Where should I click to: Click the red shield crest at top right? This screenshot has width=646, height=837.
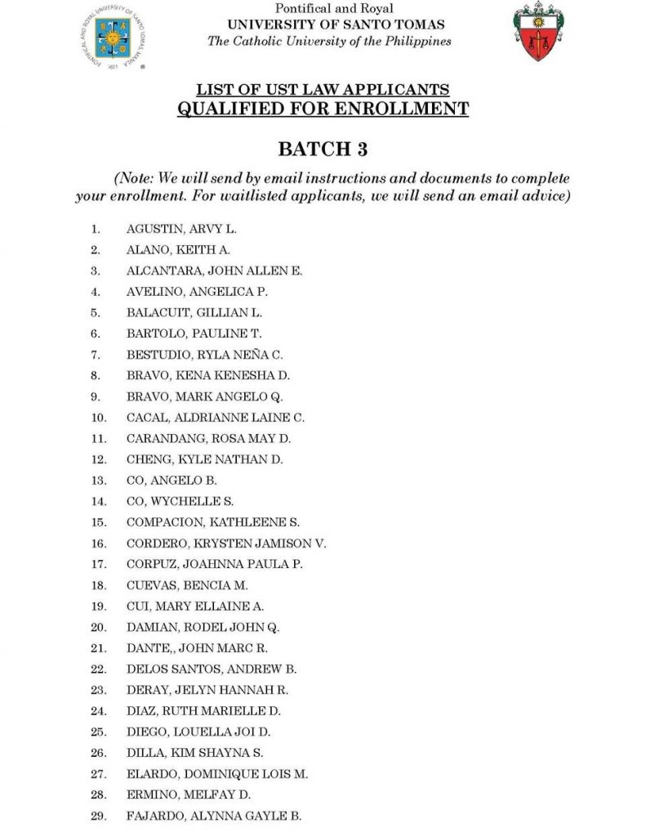537,32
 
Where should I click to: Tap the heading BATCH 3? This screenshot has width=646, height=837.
323,149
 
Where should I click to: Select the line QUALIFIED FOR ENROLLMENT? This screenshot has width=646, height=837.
323,109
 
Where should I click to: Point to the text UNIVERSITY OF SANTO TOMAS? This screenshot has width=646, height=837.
336,25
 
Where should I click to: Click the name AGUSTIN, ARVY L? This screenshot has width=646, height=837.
181,229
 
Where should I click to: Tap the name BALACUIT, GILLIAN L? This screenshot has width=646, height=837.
194,312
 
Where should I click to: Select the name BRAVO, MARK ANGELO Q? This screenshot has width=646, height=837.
204,396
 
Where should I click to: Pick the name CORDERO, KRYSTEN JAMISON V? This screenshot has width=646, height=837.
226,543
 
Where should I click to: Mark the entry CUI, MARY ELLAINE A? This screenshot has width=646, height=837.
195,606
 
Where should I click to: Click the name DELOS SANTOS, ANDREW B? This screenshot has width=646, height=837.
211,669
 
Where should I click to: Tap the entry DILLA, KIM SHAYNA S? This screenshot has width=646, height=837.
194,753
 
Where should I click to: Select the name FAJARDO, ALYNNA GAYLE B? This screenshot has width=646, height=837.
214,816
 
